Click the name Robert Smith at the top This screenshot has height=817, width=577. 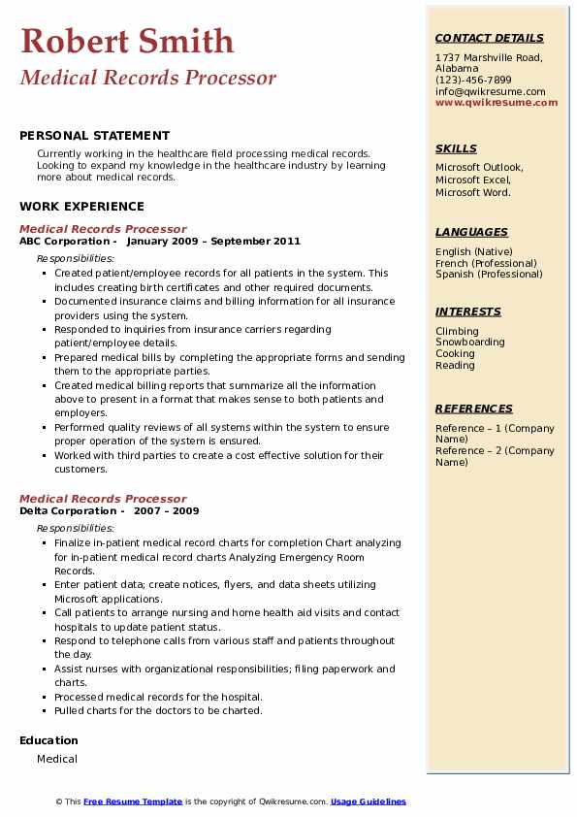click(127, 41)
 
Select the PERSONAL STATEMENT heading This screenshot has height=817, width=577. click(94, 136)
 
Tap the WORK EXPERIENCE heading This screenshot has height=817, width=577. click(81, 207)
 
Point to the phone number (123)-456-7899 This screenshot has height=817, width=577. click(473, 81)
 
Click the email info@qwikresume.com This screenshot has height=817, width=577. click(490, 91)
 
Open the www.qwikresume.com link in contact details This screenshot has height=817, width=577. click(497, 102)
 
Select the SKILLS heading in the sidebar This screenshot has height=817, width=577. click(456, 148)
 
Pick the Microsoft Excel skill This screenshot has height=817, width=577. click(472, 180)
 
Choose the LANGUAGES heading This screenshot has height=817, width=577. click(471, 232)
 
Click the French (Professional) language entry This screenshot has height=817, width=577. click(486, 263)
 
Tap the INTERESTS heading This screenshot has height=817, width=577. click(468, 311)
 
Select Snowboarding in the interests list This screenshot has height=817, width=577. click(470, 343)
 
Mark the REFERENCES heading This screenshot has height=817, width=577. click(474, 408)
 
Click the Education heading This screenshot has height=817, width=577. click(48, 740)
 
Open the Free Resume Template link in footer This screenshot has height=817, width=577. click(133, 801)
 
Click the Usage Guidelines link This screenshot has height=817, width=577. click(369, 801)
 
